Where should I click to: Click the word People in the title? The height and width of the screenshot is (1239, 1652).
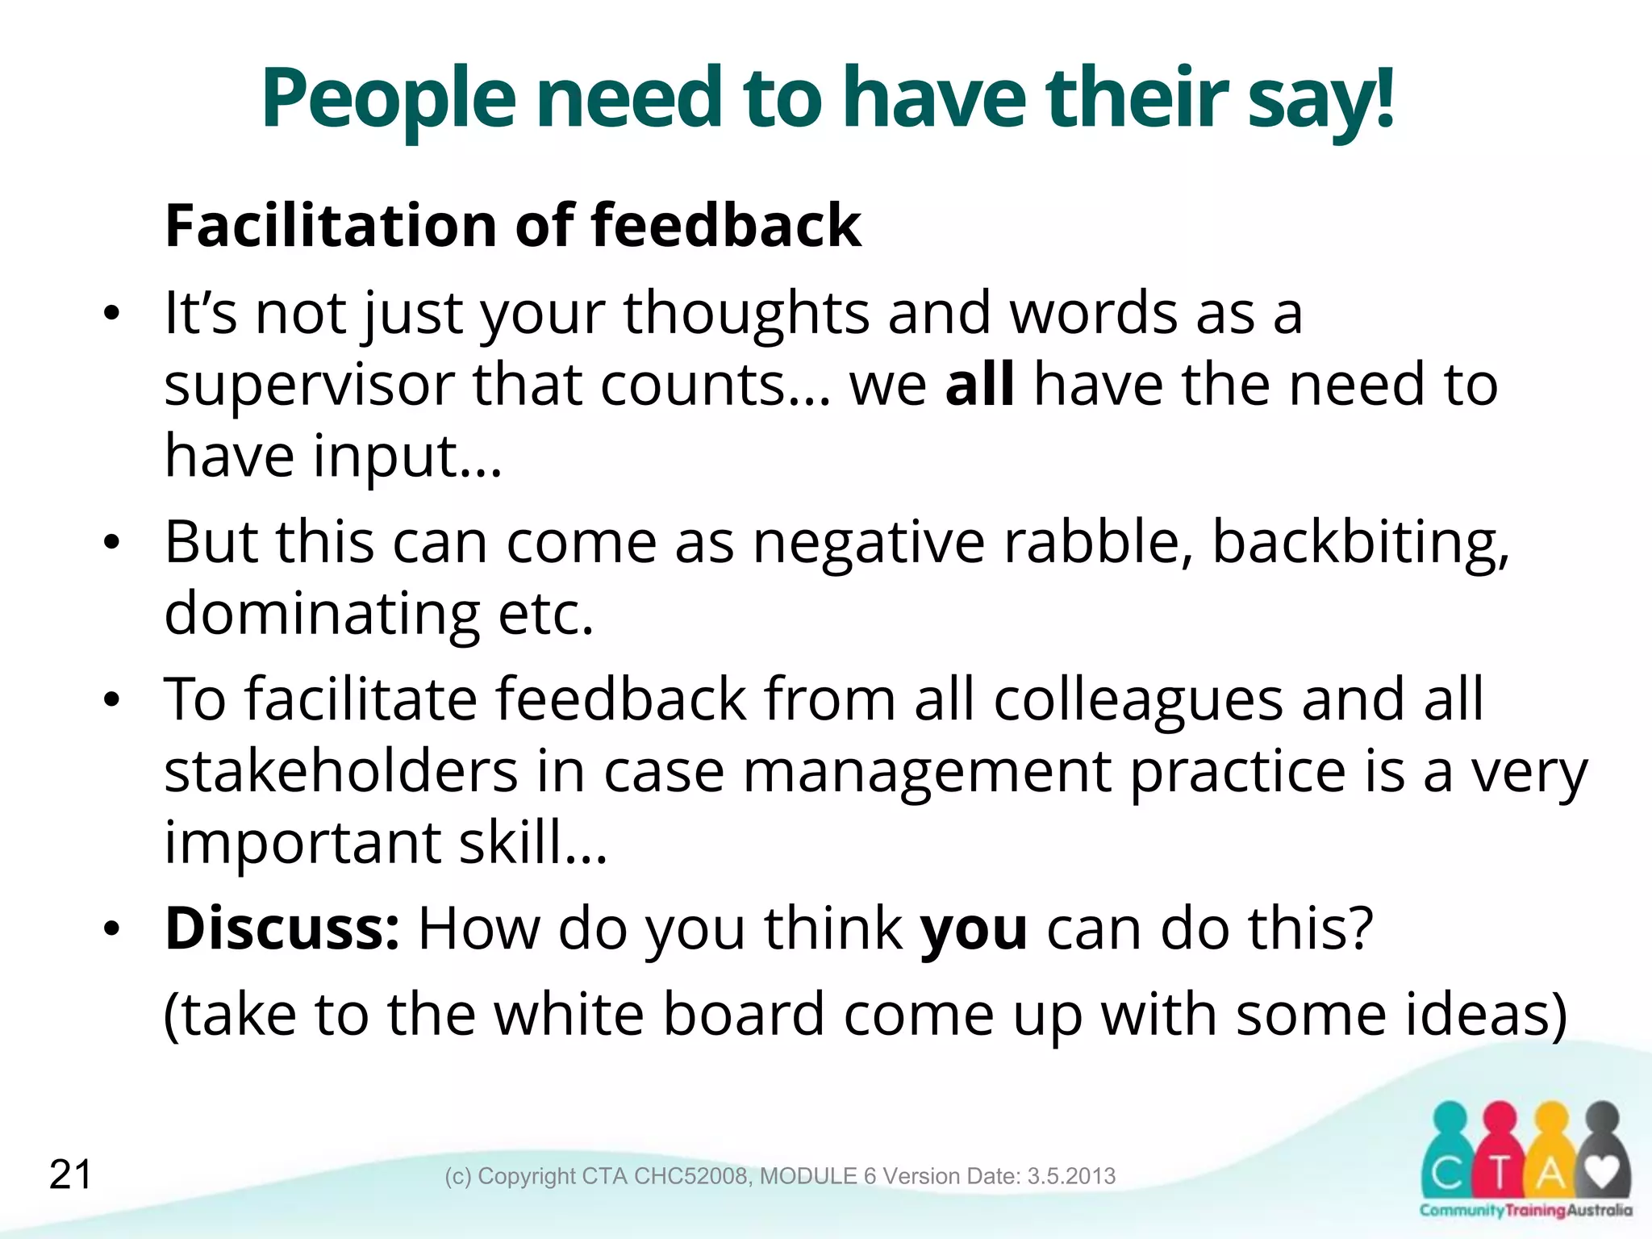388,98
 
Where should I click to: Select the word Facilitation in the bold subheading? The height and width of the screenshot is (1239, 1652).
331,225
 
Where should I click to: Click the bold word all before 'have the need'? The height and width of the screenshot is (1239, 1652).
979,384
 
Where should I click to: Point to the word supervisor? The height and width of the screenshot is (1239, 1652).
309,386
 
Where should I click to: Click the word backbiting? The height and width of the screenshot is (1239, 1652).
1360,542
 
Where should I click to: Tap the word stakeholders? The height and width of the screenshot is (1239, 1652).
340,771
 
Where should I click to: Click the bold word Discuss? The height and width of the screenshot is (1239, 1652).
282,928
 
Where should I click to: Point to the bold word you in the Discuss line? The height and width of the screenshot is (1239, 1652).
974,930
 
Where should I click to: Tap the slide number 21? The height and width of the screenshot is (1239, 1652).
71,1174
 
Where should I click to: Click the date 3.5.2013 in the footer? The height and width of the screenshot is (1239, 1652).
1071,1176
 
